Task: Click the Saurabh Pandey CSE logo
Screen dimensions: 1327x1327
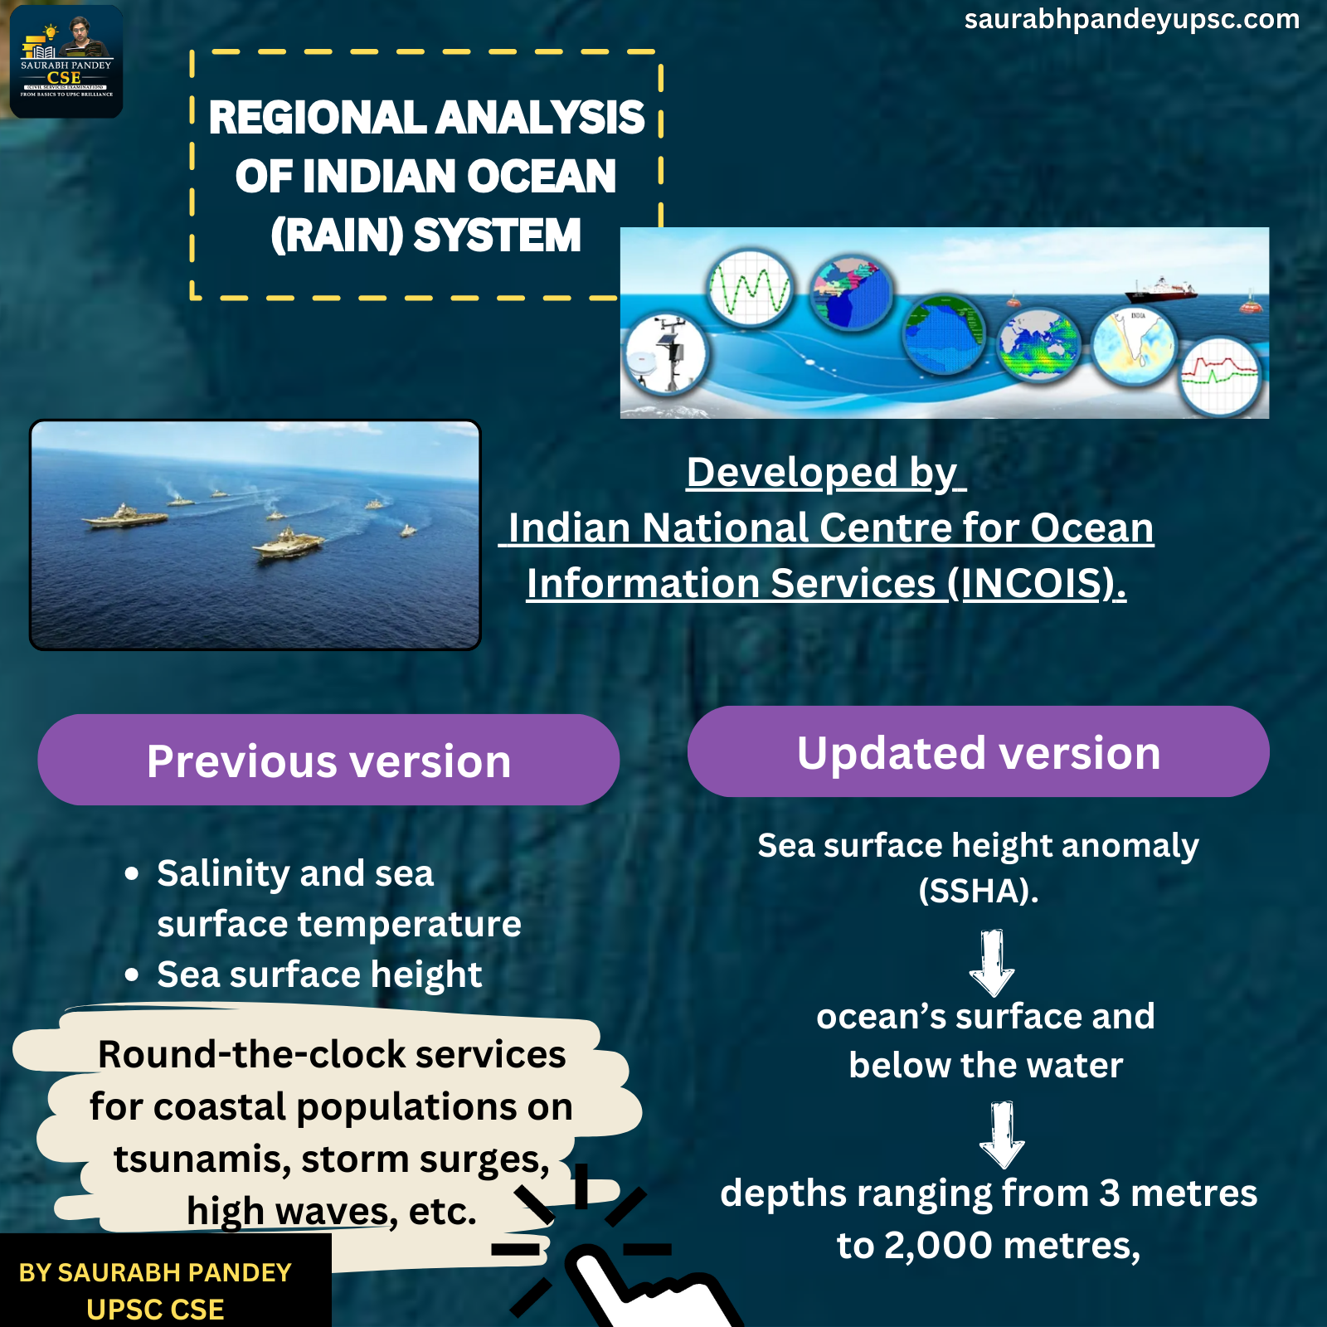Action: (x=66, y=62)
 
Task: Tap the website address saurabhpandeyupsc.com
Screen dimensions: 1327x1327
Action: (x=1131, y=19)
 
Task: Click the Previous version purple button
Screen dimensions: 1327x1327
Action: (x=328, y=760)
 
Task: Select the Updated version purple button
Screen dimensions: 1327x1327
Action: (x=979, y=751)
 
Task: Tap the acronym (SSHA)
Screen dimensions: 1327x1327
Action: (x=979, y=892)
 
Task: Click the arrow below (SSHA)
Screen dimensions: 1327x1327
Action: (x=992, y=962)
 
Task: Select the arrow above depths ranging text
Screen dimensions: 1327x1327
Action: (x=1002, y=1135)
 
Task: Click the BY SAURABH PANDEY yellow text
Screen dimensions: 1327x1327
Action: (x=155, y=1272)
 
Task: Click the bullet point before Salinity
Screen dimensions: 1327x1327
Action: (x=132, y=874)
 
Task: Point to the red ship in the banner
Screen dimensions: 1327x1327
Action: (x=1161, y=289)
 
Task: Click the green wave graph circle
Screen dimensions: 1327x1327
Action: (x=750, y=289)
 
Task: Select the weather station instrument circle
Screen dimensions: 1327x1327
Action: (x=666, y=354)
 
